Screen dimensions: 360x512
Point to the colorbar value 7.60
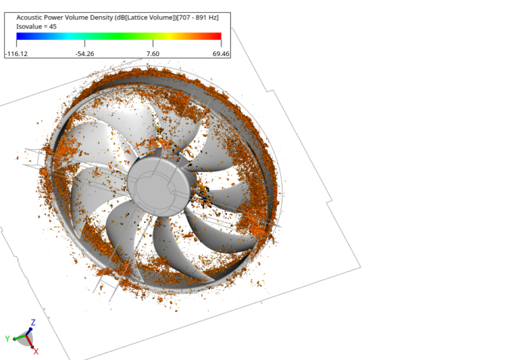(x=152, y=53)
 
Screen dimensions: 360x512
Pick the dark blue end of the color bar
(x=19, y=37)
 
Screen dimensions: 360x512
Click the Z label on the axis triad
(x=33, y=322)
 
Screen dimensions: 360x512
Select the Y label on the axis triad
(x=7, y=339)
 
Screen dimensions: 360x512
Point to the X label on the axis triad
(x=36, y=351)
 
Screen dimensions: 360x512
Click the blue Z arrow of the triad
(x=31, y=329)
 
